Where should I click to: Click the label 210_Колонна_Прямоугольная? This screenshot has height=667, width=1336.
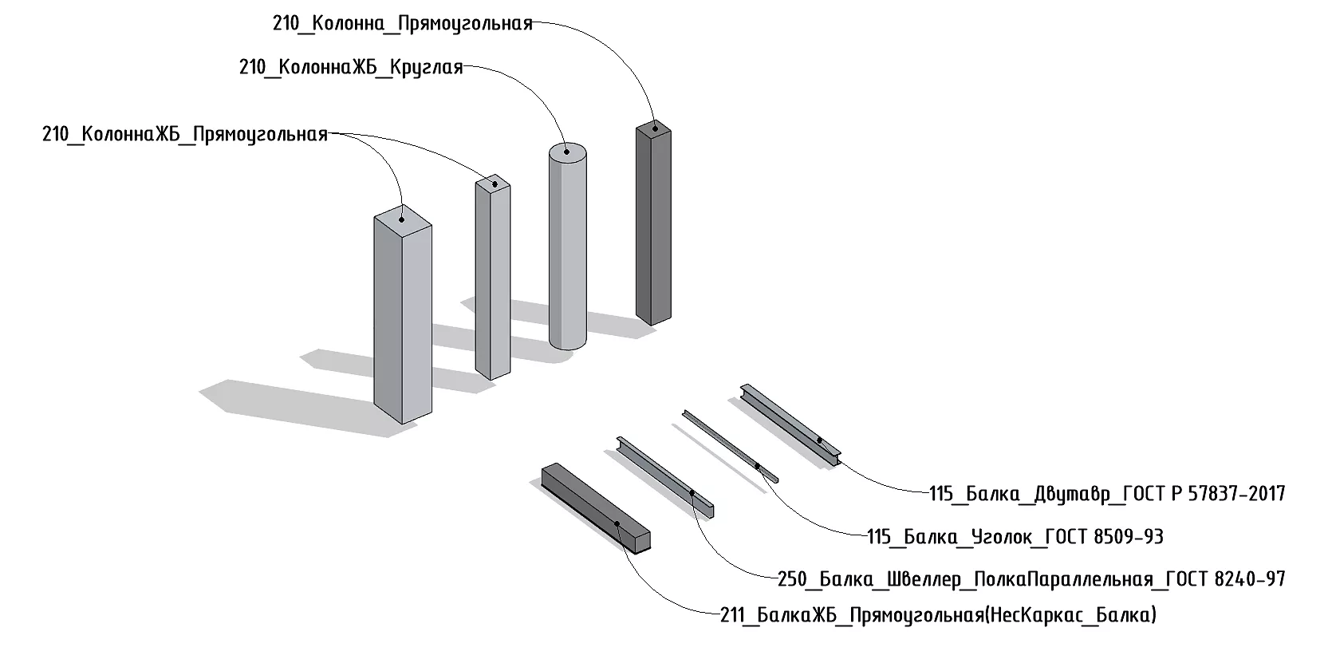(402, 23)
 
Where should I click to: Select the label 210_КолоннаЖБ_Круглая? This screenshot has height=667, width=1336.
(351, 67)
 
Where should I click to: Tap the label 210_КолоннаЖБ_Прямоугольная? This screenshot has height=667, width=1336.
(185, 134)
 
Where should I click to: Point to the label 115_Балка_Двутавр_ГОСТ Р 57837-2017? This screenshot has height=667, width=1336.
(1107, 494)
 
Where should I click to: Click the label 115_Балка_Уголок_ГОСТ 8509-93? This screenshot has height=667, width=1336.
(1015, 536)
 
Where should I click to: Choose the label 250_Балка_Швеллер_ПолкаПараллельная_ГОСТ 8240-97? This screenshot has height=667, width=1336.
(1031, 578)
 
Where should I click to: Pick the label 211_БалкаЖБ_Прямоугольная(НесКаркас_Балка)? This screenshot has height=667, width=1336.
(937, 616)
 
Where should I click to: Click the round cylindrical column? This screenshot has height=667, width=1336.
(568, 255)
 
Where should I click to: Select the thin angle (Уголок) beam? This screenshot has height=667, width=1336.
(730, 444)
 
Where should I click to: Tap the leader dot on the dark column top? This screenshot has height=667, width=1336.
(654, 125)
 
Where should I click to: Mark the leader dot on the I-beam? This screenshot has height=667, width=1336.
(819, 440)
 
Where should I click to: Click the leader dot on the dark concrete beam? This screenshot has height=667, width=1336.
(618, 524)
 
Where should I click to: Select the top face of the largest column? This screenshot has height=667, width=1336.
(403, 215)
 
